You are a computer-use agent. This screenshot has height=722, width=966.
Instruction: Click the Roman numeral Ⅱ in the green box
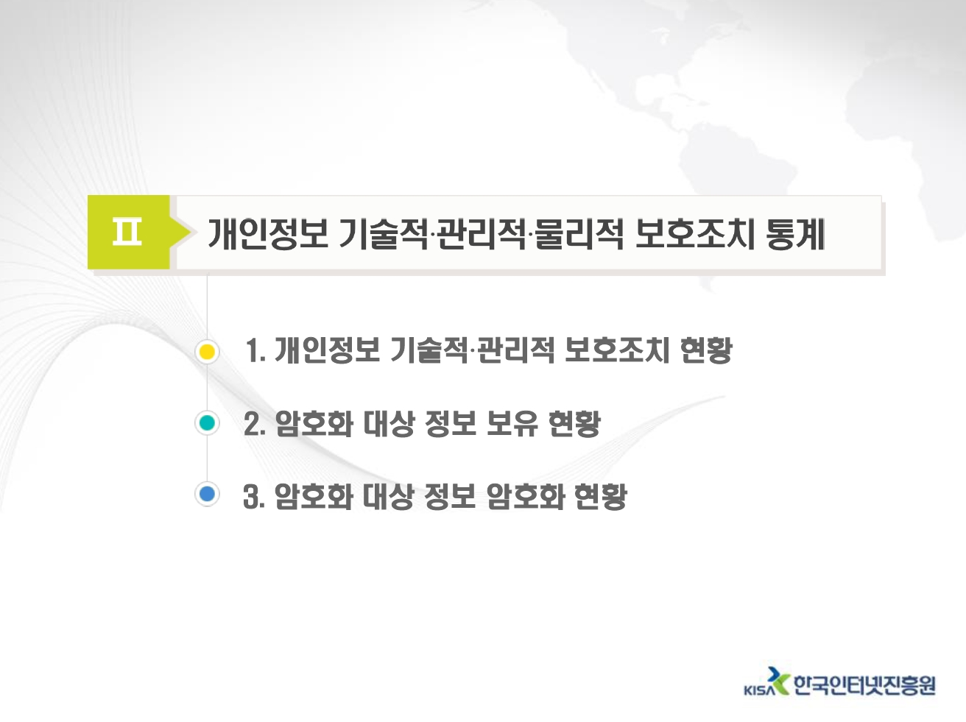click(x=127, y=232)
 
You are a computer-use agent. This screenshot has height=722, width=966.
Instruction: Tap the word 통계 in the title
click(x=795, y=234)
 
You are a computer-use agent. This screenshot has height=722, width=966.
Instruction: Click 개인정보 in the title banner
click(x=267, y=234)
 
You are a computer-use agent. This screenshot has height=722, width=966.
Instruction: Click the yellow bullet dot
click(x=207, y=352)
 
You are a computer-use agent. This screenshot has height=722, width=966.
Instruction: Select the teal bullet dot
click(x=207, y=423)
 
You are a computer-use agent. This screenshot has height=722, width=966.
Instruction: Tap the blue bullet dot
click(x=207, y=495)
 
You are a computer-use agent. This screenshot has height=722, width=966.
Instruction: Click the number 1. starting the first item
click(x=255, y=350)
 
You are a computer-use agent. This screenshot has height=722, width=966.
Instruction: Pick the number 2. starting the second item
click(x=255, y=423)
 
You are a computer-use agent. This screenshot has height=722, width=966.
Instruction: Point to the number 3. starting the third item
click(x=254, y=497)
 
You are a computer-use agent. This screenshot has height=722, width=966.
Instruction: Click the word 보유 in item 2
click(x=512, y=423)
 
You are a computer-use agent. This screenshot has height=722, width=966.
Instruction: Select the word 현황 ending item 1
click(x=706, y=350)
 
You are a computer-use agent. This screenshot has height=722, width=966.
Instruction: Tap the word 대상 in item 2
click(x=389, y=423)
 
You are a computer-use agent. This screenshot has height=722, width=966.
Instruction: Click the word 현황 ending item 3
click(x=601, y=497)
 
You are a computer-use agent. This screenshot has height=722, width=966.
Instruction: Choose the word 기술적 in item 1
click(x=429, y=350)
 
